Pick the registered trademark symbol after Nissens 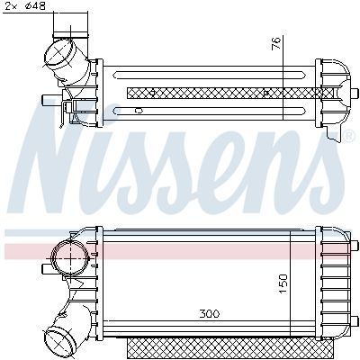[x=348, y=137]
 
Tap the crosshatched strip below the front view [x=216, y=346]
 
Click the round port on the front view [x=69, y=259]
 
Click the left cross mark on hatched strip [x=154, y=92]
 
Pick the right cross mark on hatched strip [x=268, y=92]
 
